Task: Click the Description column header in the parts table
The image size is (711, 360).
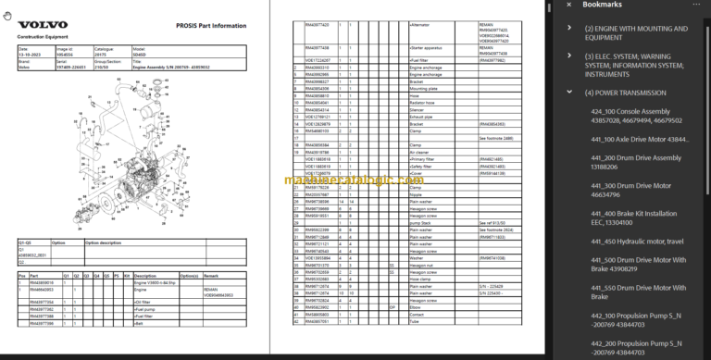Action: click(x=151, y=275)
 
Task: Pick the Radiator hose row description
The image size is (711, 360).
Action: click(x=427, y=102)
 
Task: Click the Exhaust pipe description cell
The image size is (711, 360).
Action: click(x=426, y=116)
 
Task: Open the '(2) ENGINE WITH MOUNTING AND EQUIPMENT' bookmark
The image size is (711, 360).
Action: click(x=637, y=34)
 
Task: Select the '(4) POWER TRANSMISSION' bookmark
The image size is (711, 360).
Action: click(x=625, y=93)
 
